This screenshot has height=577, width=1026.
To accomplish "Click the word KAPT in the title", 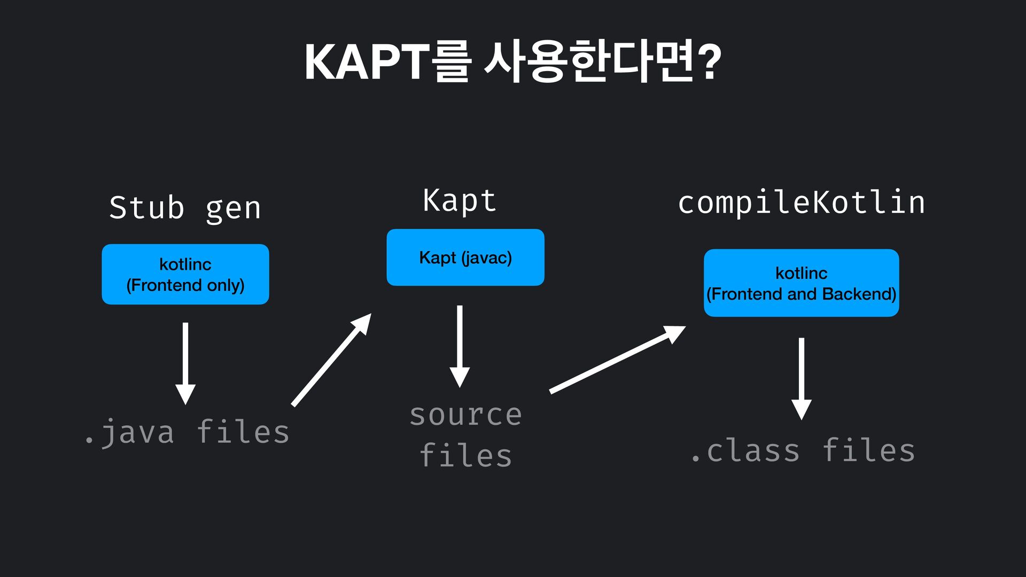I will tap(367, 62).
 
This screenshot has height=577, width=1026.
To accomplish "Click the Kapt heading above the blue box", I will tap(460, 201).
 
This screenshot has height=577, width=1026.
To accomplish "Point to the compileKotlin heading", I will tap(801, 203).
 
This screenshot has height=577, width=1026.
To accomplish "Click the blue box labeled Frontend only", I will tap(185, 274).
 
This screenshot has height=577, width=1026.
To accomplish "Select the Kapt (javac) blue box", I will tap(465, 258).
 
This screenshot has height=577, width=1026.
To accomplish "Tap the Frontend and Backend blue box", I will tap(801, 283).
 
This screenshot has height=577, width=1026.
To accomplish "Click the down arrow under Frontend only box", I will tap(185, 363).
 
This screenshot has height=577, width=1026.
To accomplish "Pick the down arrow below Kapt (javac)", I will tap(460, 346).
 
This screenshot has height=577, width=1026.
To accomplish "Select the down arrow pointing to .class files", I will tap(801, 378).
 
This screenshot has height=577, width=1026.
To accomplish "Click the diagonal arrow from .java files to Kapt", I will tap(331, 360).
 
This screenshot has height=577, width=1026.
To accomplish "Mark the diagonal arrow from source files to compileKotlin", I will tap(617, 360).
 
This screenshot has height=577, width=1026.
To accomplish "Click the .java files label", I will tap(187, 432).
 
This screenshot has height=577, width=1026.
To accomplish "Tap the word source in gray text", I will tap(465, 415).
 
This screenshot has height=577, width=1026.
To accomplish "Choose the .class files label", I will tap(802, 450).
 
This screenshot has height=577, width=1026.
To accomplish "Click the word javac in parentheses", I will tap(486, 258).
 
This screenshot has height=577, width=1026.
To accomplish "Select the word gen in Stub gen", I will tap(234, 208).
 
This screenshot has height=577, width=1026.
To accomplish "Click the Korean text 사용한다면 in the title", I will tap(588, 62).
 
